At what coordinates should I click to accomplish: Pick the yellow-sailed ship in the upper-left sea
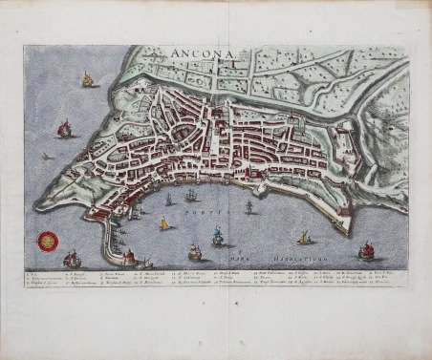tap(88, 80)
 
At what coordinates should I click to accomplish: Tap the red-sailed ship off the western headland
tap(65, 128)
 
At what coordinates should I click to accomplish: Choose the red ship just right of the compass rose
tap(71, 258)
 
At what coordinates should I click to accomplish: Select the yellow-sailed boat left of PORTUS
tap(163, 224)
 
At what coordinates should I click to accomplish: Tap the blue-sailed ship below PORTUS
tap(219, 236)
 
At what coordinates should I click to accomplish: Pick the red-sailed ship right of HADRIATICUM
tap(365, 250)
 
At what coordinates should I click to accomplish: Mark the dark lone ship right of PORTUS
tap(249, 205)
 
